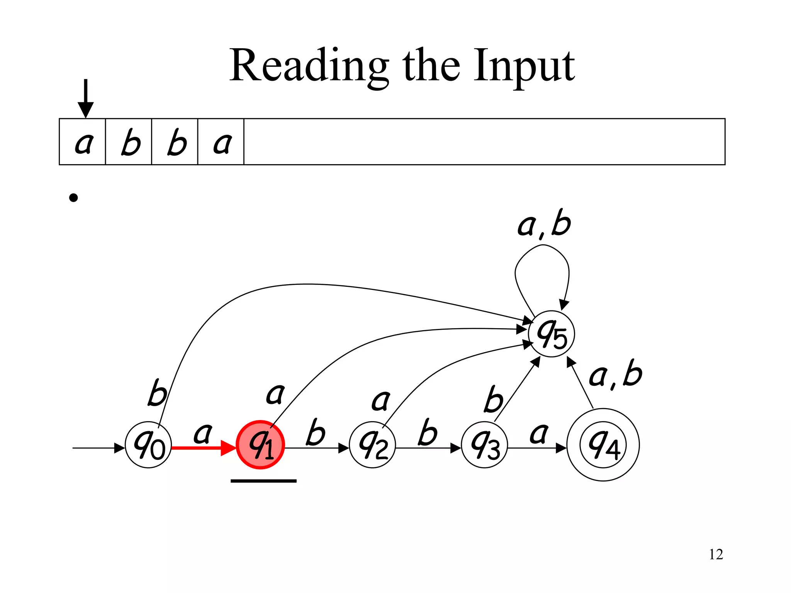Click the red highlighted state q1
[x=260, y=445]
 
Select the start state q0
[x=148, y=445]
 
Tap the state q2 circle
[x=372, y=445]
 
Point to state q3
[x=484, y=445]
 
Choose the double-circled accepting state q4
[x=603, y=445]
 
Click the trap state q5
[x=552, y=334]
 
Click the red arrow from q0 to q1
[x=203, y=448]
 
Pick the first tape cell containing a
[x=83, y=142]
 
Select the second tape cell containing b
[x=129, y=142]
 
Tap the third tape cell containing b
[x=175, y=142]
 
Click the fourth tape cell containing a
[x=221, y=142]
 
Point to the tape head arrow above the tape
[x=86, y=98]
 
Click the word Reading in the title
[x=309, y=66]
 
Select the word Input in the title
[x=525, y=66]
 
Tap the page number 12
[x=716, y=554]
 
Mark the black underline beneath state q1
[x=263, y=481]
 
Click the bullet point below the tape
[x=73, y=198]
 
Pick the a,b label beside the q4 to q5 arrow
[x=615, y=374]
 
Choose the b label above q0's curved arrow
[x=158, y=393]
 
